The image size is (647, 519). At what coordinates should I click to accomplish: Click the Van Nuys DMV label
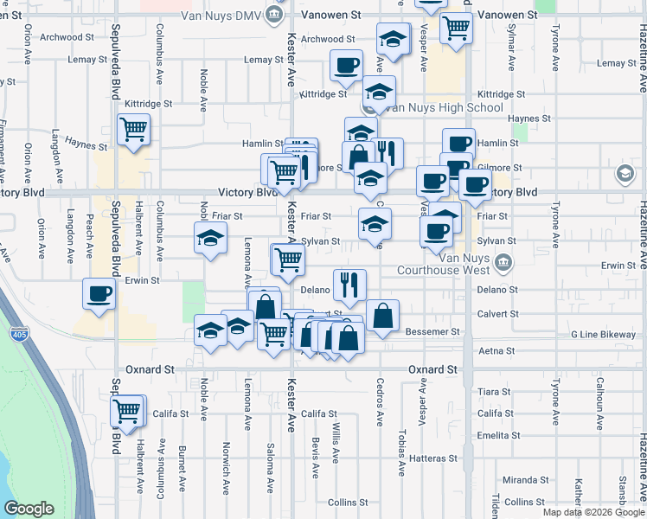tap(221, 15)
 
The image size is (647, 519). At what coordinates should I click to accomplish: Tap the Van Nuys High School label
tap(445, 108)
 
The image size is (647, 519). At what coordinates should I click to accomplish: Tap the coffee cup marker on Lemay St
tap(346, 66)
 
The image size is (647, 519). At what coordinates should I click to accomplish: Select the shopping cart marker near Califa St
tap(128, 410)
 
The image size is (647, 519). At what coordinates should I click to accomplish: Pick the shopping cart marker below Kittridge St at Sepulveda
tap(133, 131)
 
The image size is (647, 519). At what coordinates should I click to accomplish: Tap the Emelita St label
tap(496, 435)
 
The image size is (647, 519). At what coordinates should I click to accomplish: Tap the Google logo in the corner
tap(29, 509)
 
